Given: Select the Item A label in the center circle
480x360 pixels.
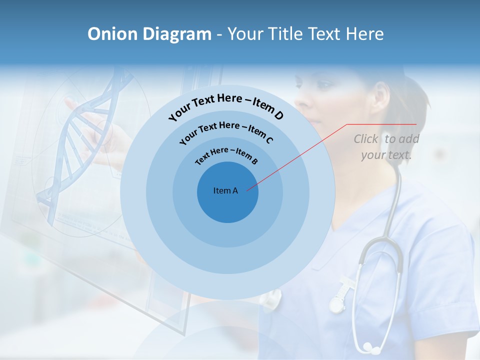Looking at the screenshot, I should pos(225,190).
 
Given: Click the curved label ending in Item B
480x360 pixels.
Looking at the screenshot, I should pos(226,155).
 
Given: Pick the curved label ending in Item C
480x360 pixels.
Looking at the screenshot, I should pos(226,131).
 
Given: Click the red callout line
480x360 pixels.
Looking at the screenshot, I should pos(300,155).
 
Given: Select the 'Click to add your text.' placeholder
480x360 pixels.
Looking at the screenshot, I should pos(386,146).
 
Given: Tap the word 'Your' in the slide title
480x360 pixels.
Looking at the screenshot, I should pos(247,34).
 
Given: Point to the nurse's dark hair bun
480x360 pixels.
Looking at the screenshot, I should pos(410,95).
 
